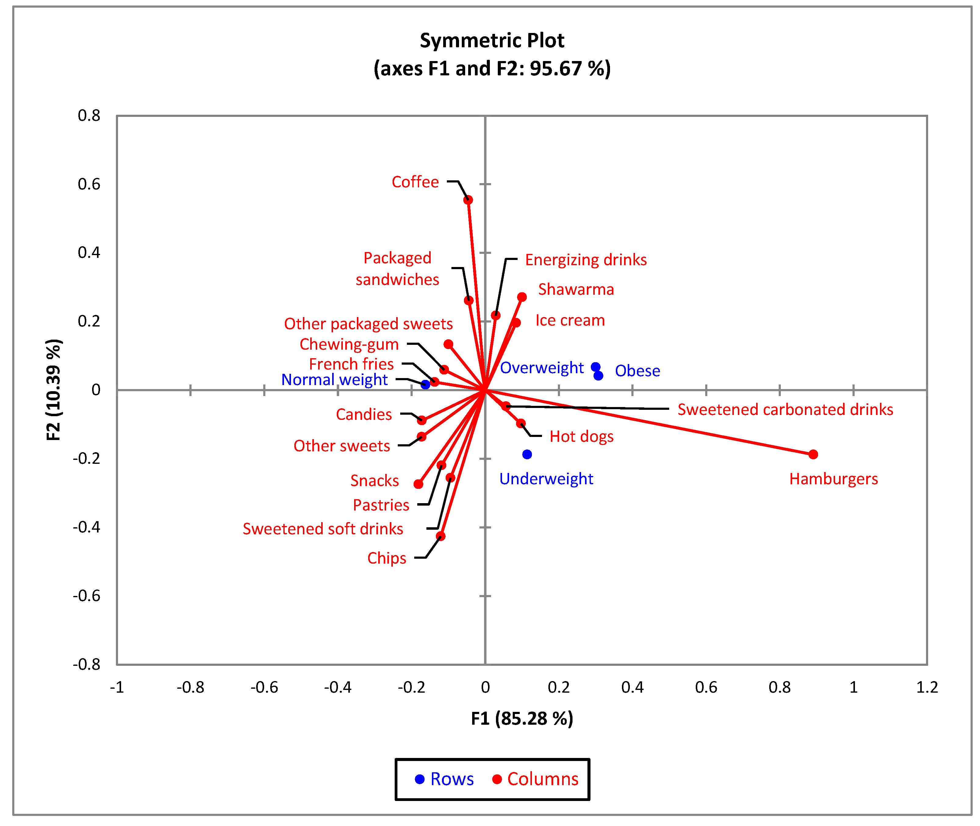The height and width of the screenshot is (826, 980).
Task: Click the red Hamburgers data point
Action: pyautogui.click(x=813, y=454)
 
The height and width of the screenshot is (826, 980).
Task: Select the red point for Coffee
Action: pyautogui.click(x=468, y=200)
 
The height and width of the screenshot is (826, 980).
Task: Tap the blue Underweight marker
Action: pyautogui.click(x=527, y=454)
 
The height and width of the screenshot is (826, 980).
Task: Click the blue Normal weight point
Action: pyautogui.click(x=425, y=384)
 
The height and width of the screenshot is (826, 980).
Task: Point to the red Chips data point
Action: pyautogui.click(x=440, y=536)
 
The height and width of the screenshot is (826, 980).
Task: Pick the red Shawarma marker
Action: pyautogui.click(x=522, y=297)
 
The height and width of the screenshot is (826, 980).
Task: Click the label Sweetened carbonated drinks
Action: pyautogui.click(x=785, y=410)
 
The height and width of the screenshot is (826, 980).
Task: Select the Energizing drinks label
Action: pyautogui.click(x=586, y=260)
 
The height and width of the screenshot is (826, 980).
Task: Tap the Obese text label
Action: pyautogui.click(x=637, y=371)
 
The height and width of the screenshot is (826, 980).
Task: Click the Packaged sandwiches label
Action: pyautogui.click(x=397, y=269)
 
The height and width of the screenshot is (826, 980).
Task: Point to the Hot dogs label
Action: pyautogui.click(x=581, y=436)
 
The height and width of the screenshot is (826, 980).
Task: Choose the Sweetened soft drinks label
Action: pyautogui.click(x=322, y=529)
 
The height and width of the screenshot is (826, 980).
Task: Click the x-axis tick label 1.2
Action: pyautogui.click(x=927, y=687)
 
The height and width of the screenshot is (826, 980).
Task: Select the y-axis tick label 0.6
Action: pyautogui.click(x=89, y=184)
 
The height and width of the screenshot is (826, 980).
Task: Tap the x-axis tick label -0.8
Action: pyautogui.click(x=190, y=687)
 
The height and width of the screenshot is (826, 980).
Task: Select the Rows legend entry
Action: pyautogui.click(x=445, y=779)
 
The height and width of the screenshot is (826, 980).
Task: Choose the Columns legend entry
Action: pyautogui.click(x=535, y=779)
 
